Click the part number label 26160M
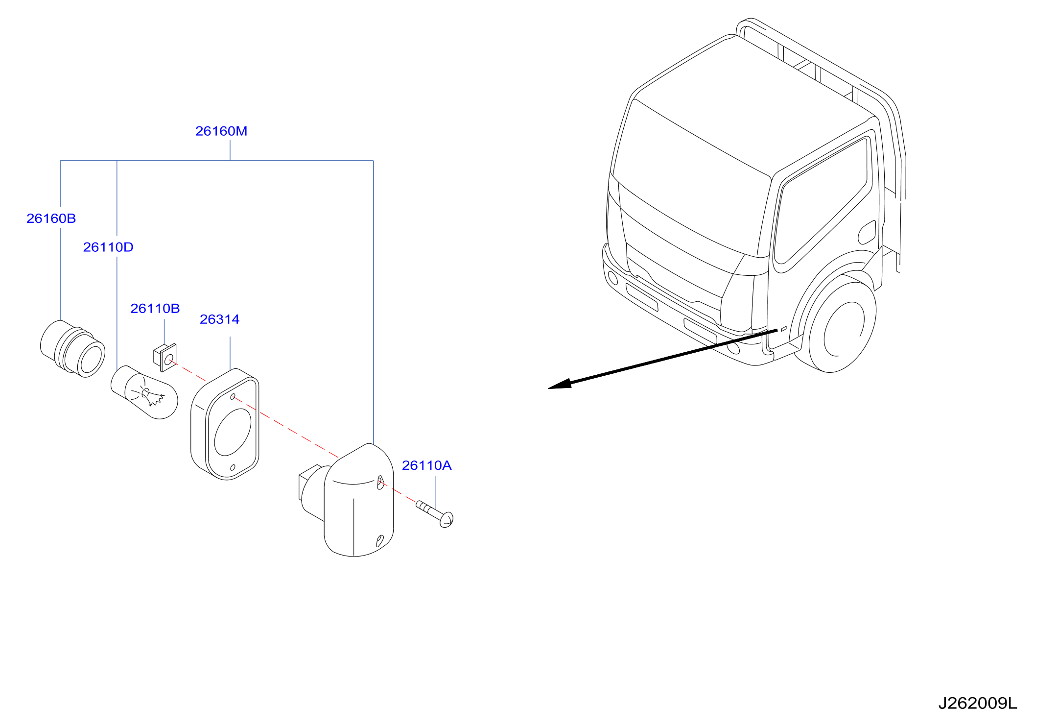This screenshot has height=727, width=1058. point(221,131)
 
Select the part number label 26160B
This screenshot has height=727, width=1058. point(51,218)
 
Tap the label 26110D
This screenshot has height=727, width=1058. point(108,247)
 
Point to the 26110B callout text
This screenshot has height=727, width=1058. point(155,309)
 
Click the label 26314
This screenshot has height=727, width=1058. point(220,319)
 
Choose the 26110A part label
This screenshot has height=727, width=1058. point(427,465)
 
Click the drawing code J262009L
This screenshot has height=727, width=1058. point(978,703)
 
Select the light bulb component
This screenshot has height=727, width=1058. point(144,392)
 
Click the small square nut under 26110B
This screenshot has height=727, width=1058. point(165,358)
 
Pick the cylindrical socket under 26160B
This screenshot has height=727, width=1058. point(72,348)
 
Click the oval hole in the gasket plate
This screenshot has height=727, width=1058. point(233,432)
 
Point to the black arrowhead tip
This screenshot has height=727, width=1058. point(548,388)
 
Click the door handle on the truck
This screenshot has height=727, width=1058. point(867,232)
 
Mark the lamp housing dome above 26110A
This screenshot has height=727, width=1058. point(359,500)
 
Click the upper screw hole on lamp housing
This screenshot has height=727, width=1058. point(380,483)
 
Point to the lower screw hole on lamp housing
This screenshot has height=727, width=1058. point(379,541)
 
